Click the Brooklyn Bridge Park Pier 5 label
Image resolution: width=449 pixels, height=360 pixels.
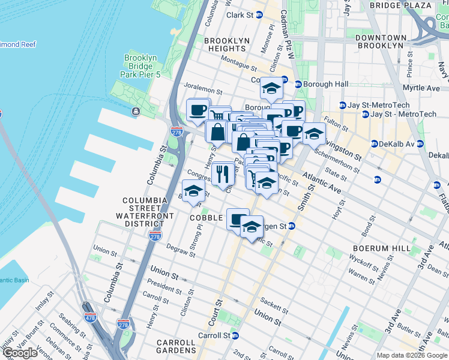[x=140, y=67]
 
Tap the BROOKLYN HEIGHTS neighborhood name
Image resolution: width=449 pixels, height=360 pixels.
[x=226, y=46]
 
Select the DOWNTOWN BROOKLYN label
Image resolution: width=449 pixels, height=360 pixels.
[x=379, y=41]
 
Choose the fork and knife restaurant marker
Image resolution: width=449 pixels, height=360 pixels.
[x=223, y=174]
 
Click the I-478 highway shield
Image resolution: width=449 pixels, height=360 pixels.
[x=91, y=316]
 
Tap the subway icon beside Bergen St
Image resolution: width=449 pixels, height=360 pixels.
[x=291, y=226]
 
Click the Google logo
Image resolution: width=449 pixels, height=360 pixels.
[x=20, y=353]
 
